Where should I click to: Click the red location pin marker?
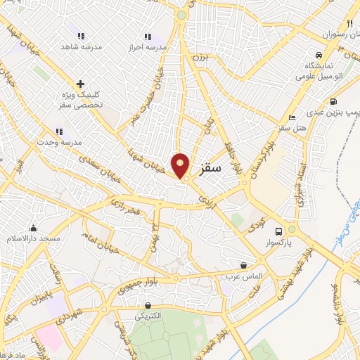click(x=181, y=165)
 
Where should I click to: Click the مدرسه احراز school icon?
click(x=147, y=37)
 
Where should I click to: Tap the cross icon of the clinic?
click(x=80, y=84)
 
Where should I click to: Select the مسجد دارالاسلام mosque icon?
click(x=33, y=228)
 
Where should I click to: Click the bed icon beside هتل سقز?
click(x=292, y=117)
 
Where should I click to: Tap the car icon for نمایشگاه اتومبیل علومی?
click(x=319, y=55)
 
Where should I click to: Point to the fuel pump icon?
click(x=333, y=101)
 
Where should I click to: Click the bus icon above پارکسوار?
click(x=278, y=231)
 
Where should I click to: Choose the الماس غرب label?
click(x=245, y=276)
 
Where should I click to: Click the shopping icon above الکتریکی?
click(x=148, y=306)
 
